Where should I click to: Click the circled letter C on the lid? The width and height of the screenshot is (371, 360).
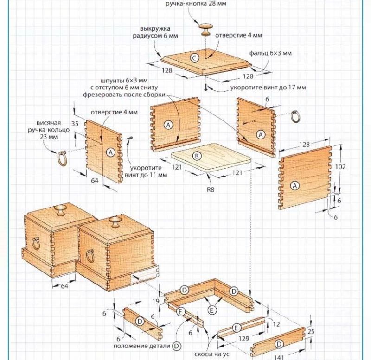tap(195, 58)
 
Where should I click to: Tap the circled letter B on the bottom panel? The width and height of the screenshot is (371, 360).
tap(197, 157)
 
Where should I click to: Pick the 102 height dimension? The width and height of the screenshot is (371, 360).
tap(341, 167)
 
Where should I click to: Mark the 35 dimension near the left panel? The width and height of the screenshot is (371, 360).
tap(76, 124)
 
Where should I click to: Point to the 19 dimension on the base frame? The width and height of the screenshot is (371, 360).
tap(156, 301)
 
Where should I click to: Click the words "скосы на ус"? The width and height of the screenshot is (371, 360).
tap(198, 353)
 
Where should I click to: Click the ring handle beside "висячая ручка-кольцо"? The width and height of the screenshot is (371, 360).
tap(62, 158)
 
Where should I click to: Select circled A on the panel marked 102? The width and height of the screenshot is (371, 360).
tap(295, 186)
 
